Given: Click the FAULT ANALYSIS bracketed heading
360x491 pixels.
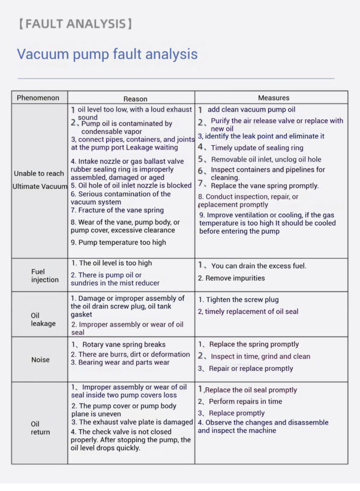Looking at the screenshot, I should pos(75,24).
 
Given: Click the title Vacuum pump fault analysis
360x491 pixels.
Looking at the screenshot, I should pos(107,54).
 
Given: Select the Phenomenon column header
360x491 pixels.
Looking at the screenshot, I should pos(38,98).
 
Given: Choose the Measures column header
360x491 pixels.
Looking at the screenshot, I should pos(274,98).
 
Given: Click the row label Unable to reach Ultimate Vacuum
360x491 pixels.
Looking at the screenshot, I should pos(40,180).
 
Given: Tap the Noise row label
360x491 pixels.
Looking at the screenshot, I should pos(40,360).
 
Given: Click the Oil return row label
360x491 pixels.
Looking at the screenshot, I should pos(40,428).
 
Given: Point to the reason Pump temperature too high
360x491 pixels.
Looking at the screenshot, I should pos(119,242).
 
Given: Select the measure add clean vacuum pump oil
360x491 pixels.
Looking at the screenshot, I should pos(251,110).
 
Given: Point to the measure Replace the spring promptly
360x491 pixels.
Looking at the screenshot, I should pos(253,345).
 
